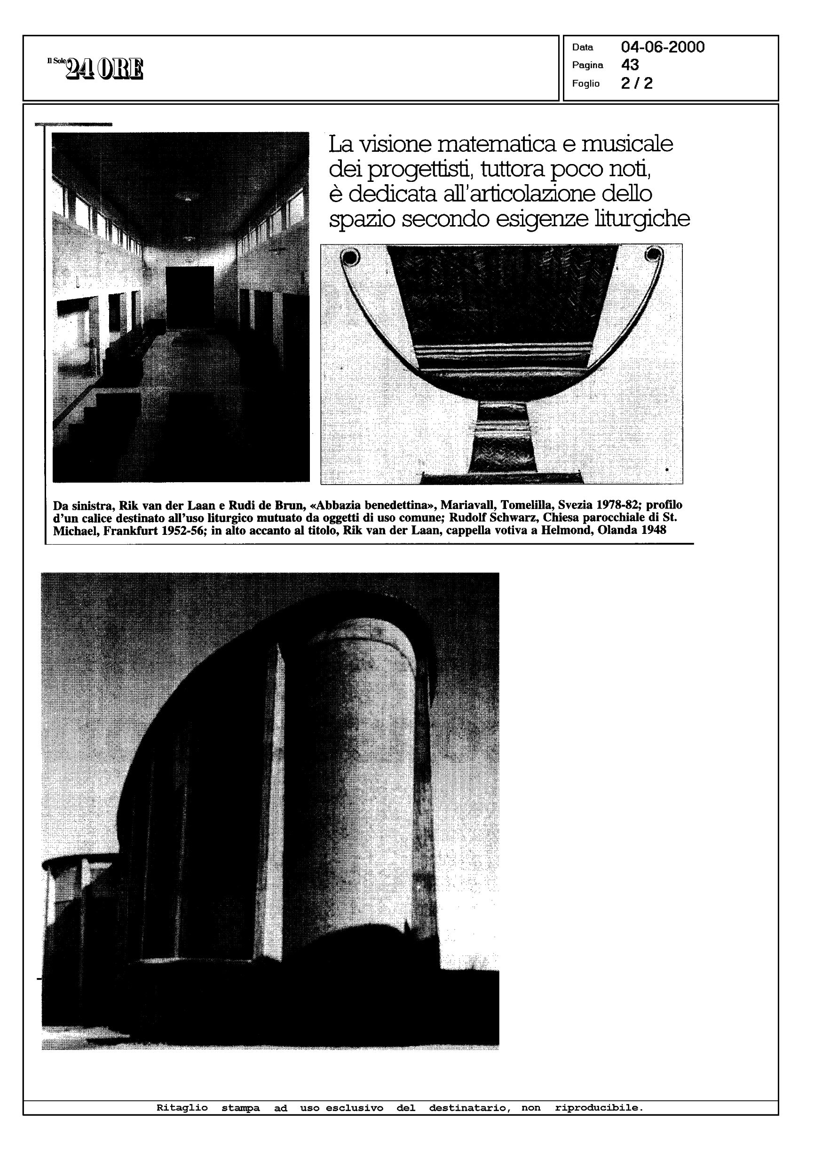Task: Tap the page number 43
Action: pos(630,65)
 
